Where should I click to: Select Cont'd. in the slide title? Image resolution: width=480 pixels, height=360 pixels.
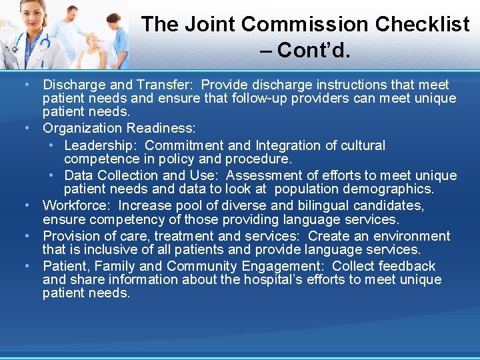coord(313,50)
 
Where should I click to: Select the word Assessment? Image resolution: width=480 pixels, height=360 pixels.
coord(264,175)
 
